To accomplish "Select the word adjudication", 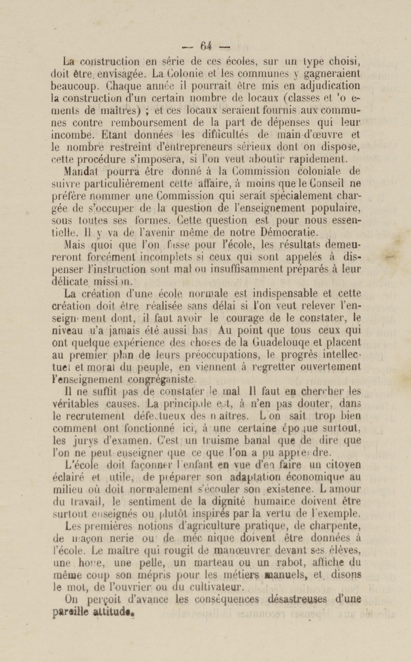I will point(330,86).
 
